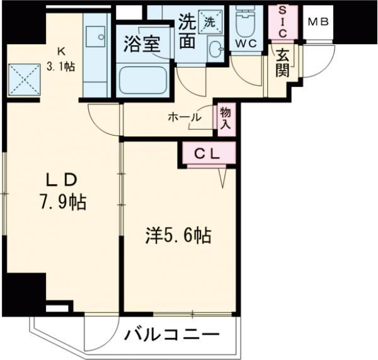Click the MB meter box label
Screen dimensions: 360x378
(318, 22)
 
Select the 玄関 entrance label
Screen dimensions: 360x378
(282, 62)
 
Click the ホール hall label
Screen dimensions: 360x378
(185, 117)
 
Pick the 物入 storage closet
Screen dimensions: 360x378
(226, 119)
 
